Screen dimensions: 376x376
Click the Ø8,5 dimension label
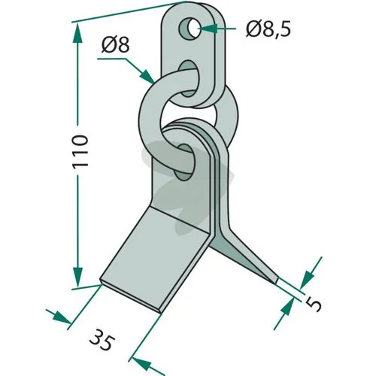[268, 29]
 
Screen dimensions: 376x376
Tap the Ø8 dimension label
[116, 45]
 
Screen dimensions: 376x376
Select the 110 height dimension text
[80, 152]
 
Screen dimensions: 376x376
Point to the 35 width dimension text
[102, 340]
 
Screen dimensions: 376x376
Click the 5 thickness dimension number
[314, 304]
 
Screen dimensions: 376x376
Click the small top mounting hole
[190, 29]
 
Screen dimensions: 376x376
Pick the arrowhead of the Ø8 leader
[147, 76]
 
